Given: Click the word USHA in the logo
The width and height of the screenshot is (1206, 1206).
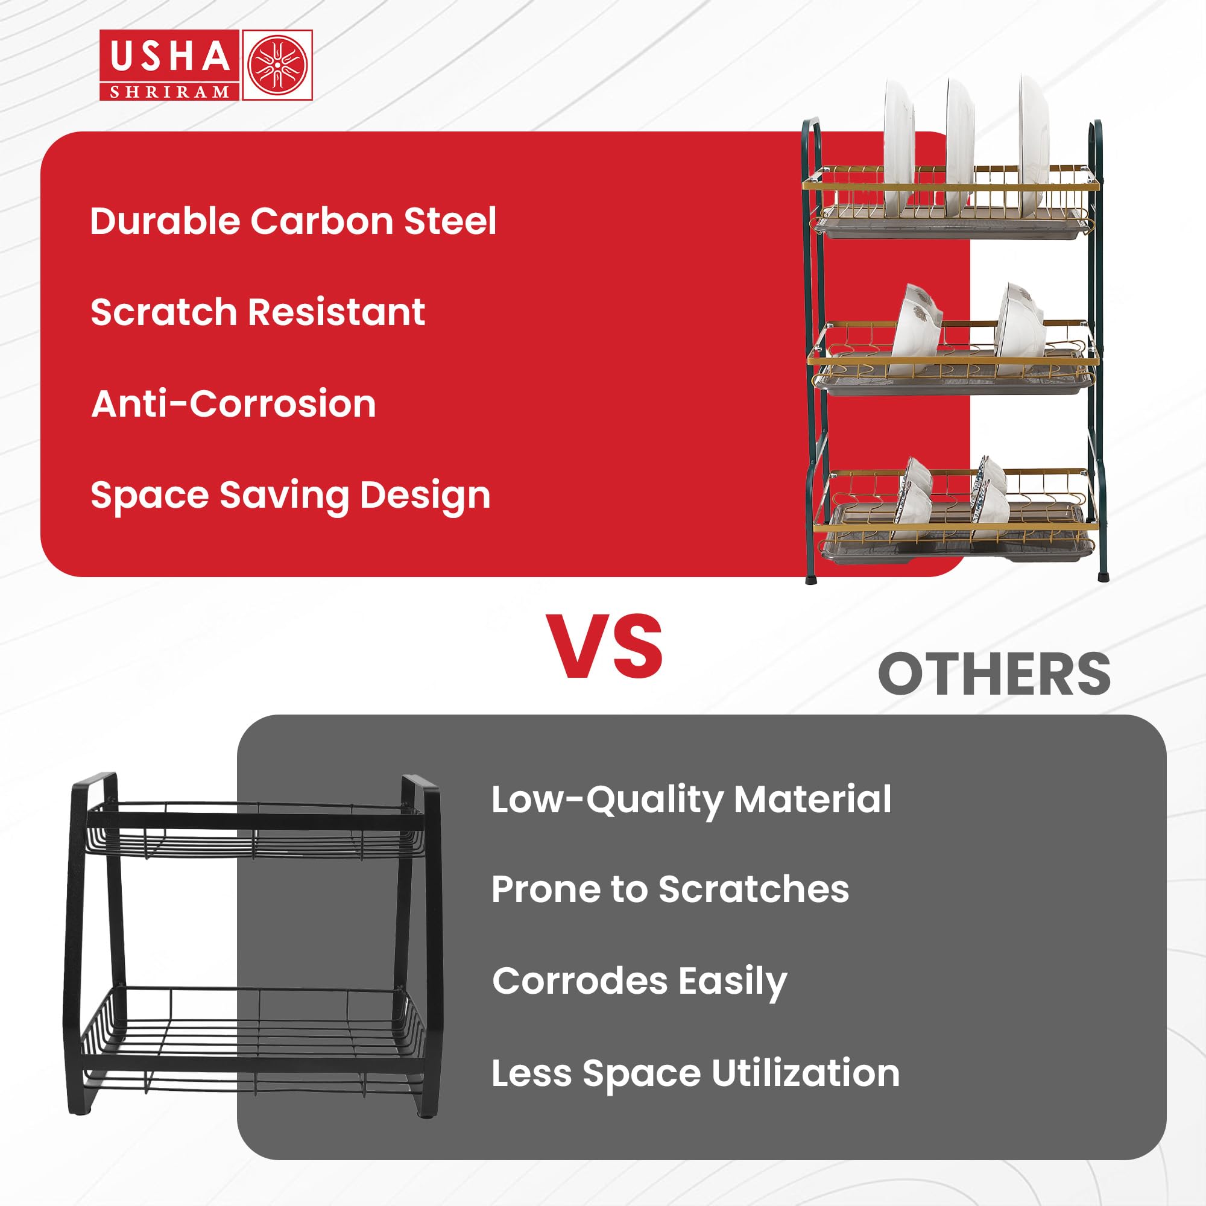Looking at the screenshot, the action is click(170, 56).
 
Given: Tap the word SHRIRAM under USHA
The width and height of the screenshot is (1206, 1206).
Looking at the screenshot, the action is click(170, 92).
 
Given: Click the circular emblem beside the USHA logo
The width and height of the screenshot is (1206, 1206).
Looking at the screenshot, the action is click(277, 65).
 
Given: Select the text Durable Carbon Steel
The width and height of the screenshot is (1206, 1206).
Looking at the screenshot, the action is click(293, 221).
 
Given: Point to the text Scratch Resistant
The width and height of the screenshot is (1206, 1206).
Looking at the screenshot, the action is click(258, 312).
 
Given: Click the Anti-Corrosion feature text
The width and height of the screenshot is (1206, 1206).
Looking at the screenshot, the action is click(233, 403).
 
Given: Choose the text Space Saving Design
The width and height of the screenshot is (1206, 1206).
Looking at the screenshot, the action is click(290, 496).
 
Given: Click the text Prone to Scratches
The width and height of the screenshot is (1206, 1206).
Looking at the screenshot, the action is click(670, 889).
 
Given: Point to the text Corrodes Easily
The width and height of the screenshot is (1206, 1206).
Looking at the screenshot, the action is click(639, 982).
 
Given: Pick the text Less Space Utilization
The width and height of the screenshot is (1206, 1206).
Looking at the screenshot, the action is click(695, 1075).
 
